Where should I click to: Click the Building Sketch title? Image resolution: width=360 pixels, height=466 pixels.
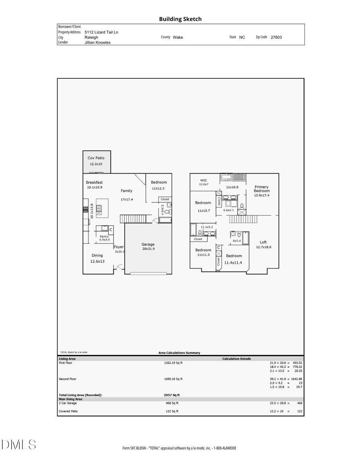[180, 19]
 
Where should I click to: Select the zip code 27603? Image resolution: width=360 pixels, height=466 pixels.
[276, 37]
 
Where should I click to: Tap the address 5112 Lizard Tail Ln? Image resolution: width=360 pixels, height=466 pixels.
[101, 32]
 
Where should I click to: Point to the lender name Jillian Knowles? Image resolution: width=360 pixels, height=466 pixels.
[98, 42]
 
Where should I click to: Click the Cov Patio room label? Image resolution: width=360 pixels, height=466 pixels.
[96, 158]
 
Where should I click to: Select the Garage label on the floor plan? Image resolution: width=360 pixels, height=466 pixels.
[148, 244]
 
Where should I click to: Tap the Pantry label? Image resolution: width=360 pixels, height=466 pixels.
[104, 236]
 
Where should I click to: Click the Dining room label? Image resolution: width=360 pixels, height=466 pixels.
[97, 255]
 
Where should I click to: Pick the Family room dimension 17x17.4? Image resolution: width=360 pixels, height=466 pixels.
[127, 199]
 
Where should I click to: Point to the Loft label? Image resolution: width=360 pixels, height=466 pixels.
[263, 242]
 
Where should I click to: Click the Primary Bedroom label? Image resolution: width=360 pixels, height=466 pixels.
[262, 189]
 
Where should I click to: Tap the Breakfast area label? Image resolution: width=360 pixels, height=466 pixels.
[94, 182]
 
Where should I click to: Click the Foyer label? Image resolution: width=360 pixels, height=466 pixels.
[118, 247]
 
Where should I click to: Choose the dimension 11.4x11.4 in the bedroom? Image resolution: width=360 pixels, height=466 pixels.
[233, 262]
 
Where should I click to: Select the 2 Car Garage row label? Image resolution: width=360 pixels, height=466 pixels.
[68, 403]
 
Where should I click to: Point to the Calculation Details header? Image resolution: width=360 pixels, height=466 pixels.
[237, 359]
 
